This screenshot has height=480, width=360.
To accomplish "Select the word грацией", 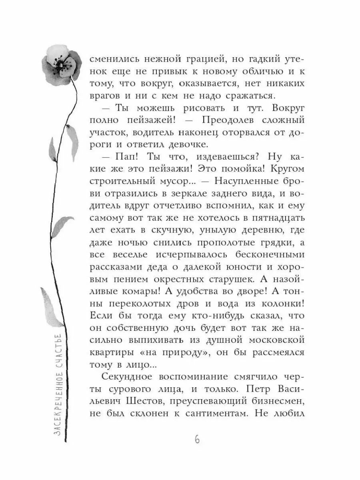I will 198,58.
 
